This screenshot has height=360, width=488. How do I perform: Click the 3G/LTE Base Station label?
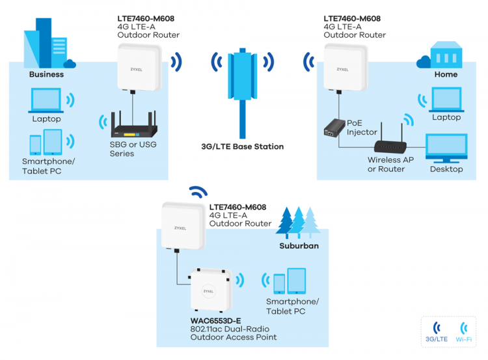[243, 146]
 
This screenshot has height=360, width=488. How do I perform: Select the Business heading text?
[46, 74]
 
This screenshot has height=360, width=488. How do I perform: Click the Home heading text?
[446, 74]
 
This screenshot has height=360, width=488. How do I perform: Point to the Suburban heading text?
[299, 245]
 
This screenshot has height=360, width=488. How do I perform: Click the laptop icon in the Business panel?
[46, 100]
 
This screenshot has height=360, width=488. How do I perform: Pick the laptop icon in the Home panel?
[446, 100]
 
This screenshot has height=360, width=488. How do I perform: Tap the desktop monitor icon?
[446, 148]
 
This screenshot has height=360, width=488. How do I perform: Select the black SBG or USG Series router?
[134, 124]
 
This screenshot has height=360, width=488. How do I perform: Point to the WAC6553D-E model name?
[215, 321]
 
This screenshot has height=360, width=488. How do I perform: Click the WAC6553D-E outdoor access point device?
[211, 290]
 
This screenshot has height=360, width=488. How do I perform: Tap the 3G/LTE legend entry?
[437, 332]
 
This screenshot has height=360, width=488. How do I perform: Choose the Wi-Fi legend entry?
[464, 332]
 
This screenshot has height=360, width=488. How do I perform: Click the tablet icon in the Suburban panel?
[296, 281]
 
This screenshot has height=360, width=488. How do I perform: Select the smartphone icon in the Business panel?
[35, 145]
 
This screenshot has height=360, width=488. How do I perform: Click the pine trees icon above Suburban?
[298, 223]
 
